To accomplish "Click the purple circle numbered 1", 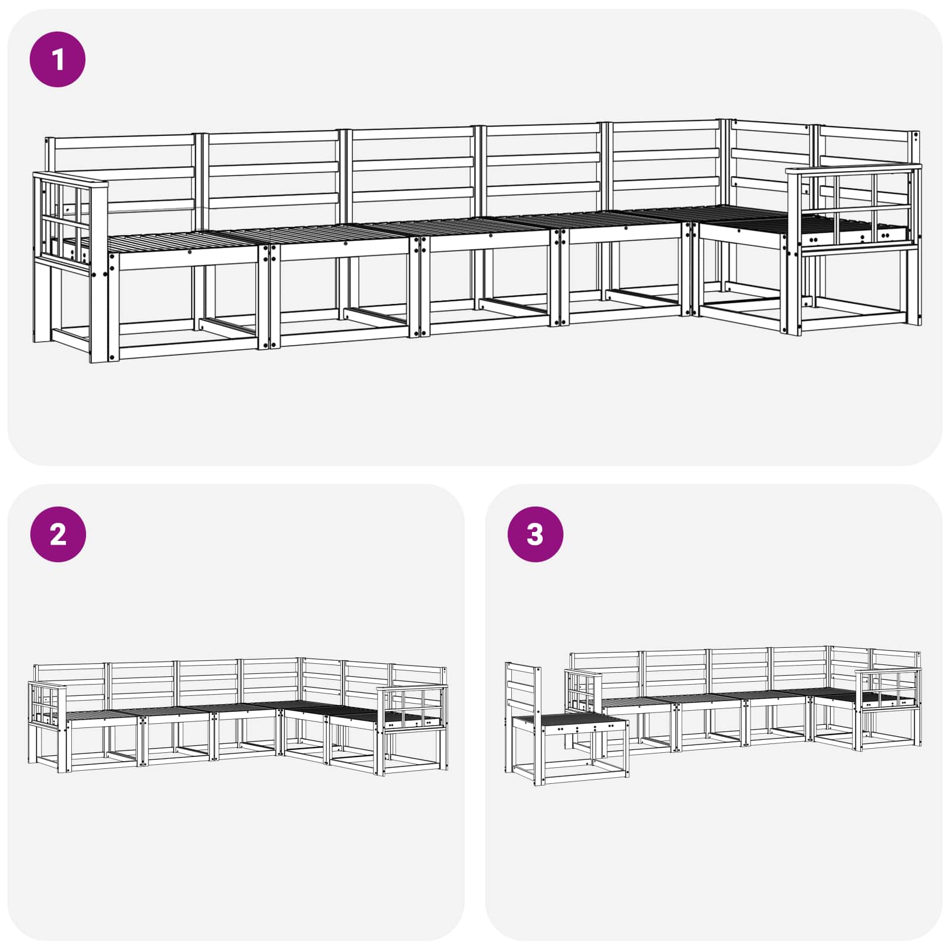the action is click(x=58, y=59).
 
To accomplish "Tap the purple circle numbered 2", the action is click(x=58, y=534).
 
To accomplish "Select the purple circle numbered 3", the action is click(x=535, y=534).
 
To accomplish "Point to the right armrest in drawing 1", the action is click(x=854, y=211).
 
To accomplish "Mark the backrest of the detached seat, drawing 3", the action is click(x=522, y=689).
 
